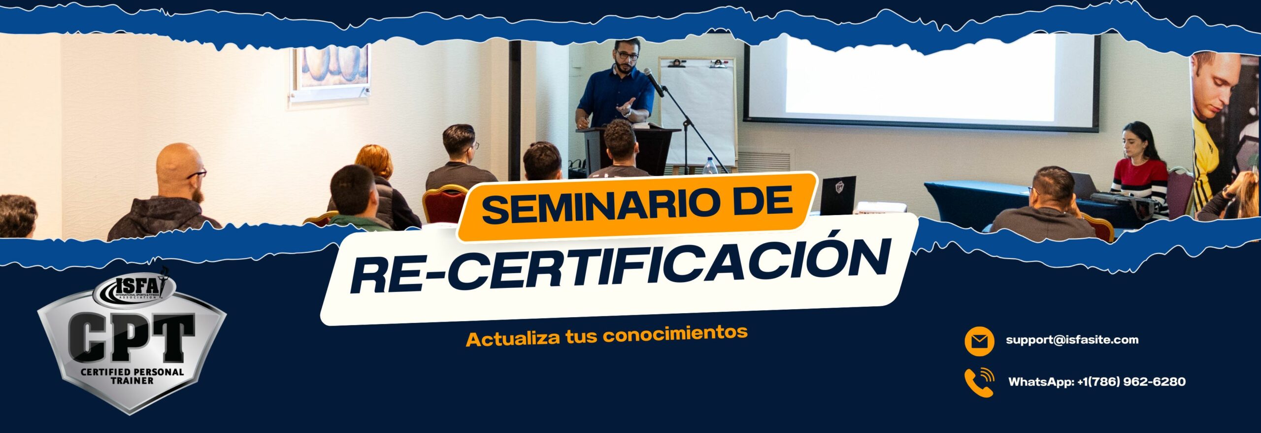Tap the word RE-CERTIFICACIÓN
621,267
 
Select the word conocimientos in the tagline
675,334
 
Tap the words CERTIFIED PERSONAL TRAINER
132,376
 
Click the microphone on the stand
654,82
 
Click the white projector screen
921,81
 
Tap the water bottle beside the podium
709,166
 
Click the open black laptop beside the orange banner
838,195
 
